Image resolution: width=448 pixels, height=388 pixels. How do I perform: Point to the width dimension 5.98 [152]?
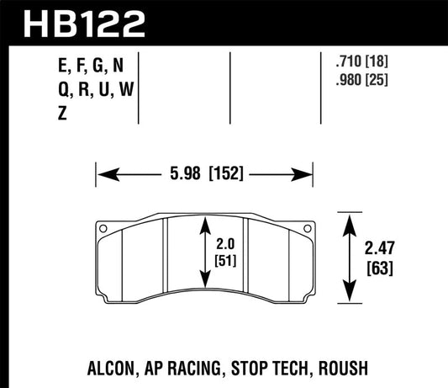[206, 178]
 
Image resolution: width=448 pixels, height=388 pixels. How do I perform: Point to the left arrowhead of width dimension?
[103, 178]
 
